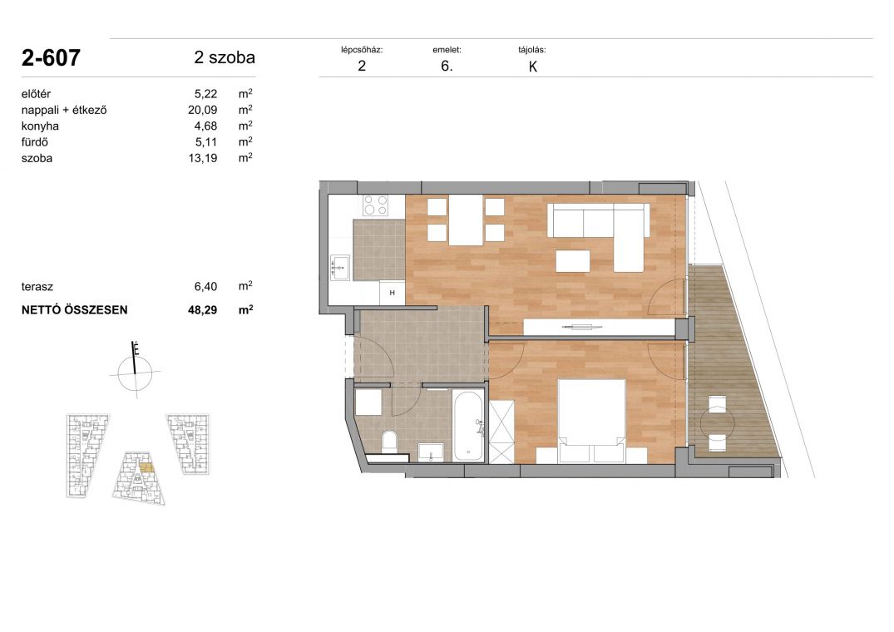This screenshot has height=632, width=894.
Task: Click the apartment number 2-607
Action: [x=51, y=57]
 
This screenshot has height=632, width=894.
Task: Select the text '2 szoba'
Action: [x=225, y=57]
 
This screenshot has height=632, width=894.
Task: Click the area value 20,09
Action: [x=202, y=110]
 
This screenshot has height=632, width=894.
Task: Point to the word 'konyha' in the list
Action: [x=40, y=126]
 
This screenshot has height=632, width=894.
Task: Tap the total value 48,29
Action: [x=202, y=310]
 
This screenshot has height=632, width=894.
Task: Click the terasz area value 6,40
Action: [x=205, y=287]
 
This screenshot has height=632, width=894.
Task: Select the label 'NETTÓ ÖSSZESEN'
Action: [x=74, y=310]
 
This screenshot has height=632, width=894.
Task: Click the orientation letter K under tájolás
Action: [x=533, y=67]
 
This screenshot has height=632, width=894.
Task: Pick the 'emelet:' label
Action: [x=447, y=50]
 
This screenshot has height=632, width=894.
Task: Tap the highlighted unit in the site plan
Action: [x=146, y=468]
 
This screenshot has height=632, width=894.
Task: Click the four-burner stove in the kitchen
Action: [x=376, y=205]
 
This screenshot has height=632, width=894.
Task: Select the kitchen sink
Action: [x=340, y=267]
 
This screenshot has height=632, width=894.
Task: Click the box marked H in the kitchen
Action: [x=393, y=293]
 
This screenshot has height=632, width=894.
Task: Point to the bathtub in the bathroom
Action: [x=468, y=426]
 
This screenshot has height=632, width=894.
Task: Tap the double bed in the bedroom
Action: [x=592, y=421]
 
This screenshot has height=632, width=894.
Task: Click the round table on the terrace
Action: [x=717, y=422]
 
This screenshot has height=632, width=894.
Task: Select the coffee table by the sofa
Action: [x=573, y=261]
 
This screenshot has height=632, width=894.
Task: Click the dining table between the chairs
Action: [x=466, y=220]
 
